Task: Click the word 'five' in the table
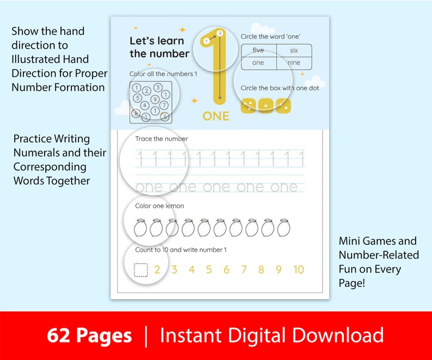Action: click(258, 51)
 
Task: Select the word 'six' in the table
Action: click(294, 51)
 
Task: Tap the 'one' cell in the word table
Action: click(258, 63)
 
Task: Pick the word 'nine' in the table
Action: click(294, 63)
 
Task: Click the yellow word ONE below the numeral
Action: click(216, 116)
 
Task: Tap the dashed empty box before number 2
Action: click(141, 270)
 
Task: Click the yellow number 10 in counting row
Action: click(298, 270)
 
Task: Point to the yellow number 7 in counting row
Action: click(244, 270)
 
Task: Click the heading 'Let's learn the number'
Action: click(159, 47)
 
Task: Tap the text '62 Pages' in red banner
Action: click(89, 336)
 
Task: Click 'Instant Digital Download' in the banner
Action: click(271, 336)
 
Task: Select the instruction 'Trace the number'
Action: click(162, 139)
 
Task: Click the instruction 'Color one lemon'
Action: click(159, 206)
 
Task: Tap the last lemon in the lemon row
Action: click(283, 228)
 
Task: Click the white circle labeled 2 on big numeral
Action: click(220, 33)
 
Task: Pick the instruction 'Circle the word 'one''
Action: click(270, 36)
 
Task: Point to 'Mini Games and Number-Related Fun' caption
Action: click(378, 262)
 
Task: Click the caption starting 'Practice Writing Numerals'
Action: click(60, 160)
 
